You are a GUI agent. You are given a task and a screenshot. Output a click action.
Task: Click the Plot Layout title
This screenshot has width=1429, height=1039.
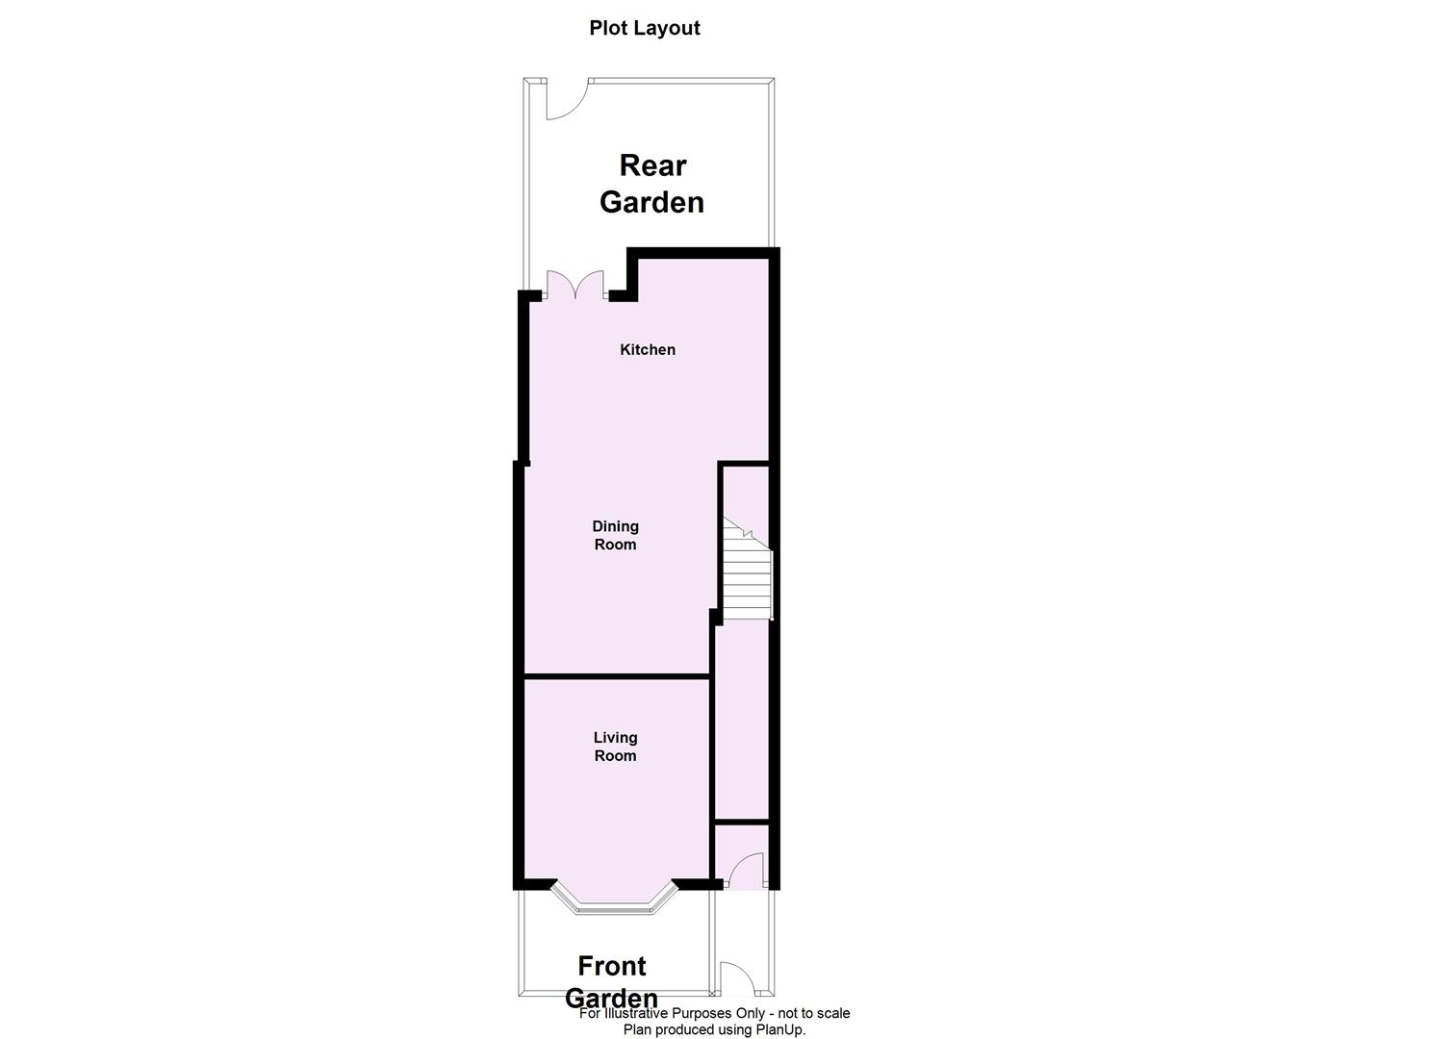644,28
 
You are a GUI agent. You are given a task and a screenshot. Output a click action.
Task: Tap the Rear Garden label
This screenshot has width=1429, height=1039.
651,184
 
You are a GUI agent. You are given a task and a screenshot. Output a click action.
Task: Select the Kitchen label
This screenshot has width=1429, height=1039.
647,349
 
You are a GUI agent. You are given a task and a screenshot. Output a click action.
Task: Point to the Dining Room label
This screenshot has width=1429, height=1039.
615,535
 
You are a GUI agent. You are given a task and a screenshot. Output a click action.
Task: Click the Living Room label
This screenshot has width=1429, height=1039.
615,747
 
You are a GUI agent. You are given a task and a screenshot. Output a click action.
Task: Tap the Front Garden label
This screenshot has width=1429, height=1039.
611,981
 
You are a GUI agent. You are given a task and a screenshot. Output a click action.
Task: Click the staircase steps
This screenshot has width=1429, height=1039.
748,577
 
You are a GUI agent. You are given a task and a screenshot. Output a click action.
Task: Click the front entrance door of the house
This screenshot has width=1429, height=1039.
745,873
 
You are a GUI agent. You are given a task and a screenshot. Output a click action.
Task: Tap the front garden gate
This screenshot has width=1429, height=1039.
738,979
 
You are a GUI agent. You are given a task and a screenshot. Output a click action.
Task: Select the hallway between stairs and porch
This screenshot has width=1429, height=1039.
741,722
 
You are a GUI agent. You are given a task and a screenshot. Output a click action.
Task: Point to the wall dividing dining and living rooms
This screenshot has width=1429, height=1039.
616,676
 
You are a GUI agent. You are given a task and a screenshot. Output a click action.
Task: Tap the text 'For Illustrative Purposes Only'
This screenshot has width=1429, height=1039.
672,1013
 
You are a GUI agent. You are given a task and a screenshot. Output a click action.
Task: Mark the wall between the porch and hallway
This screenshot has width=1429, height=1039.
741,824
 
